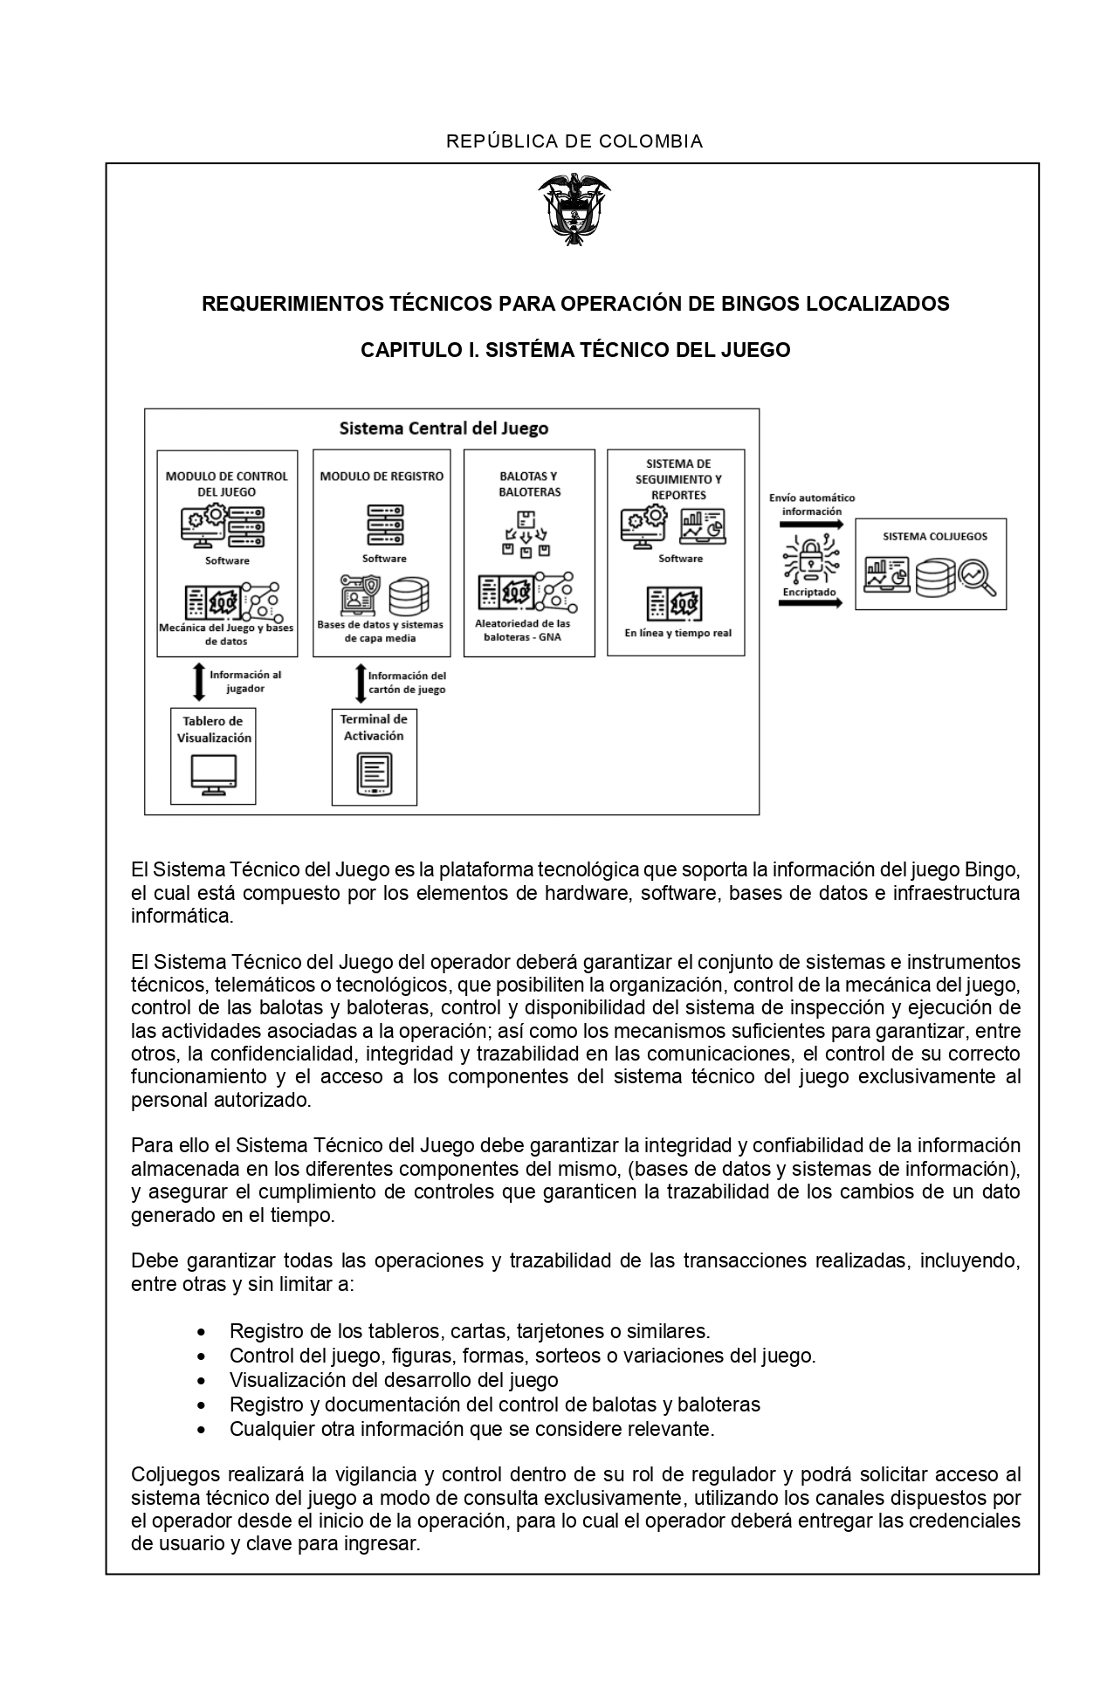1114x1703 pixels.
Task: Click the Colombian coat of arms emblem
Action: coord(574,209)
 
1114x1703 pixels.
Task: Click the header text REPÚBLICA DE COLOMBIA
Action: coord(574,141)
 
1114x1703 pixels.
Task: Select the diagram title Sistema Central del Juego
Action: coord(444,429)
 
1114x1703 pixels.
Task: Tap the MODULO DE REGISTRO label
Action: coord(382,477)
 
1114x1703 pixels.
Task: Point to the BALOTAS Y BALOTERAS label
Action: coord(529,484)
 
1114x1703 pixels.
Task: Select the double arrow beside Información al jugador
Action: coord(199,682)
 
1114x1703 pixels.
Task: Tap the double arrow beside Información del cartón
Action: coord(358,683)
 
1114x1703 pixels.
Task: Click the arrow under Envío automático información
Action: coord(811,525)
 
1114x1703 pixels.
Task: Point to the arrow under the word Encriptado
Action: coord(811,603)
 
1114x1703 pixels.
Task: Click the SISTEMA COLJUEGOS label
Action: coord(930,537)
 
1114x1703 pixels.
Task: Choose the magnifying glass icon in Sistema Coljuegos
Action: coord(977,577)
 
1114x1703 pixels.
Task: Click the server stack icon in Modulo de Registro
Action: coord(385,525)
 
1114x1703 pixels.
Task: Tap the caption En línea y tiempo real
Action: coord(677,634)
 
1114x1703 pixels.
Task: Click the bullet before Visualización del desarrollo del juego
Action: coord(203,1380)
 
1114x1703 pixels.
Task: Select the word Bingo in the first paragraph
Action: coord(989,870)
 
